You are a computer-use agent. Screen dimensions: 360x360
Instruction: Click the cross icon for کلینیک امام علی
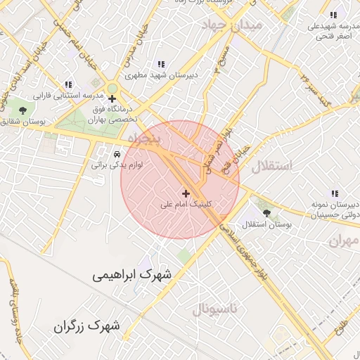pyautogui.click(x=186, y=193)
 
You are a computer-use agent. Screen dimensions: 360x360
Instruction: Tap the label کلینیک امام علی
pyautogui.click(x=186, y=205)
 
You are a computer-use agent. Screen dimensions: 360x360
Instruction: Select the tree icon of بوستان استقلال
pyautogui.click(x=265, y=211)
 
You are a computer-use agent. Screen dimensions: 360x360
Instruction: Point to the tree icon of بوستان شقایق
pyautogui.click(x=23, y=110)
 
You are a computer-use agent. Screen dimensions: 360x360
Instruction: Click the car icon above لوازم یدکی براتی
pyautogui.click(x=117, y=153)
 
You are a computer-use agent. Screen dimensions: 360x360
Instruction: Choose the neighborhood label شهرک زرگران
pyautogui.click(x=86, y=326)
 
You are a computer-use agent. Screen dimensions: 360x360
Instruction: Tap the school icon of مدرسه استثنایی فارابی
pyautogui.click(x=68, y=84)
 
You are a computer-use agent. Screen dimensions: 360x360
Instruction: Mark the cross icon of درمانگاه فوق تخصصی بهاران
pyautogui.click(x=112, y=98)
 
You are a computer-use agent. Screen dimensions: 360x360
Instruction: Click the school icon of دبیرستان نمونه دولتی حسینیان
pyautogui.click(x=334, y=192)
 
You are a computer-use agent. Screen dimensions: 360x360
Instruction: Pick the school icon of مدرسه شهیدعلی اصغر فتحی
pyautogui.click(x=333, y=15)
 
